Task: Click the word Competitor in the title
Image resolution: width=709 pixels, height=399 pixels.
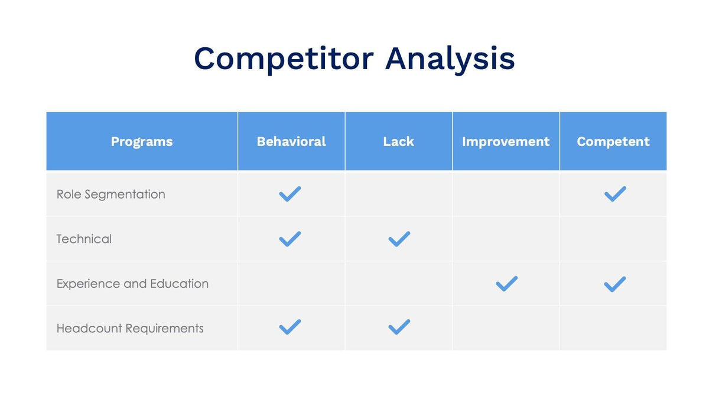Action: [283, 59]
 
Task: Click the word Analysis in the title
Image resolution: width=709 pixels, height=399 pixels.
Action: [450, 59]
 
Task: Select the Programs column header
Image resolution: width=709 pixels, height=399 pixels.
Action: [142, 142]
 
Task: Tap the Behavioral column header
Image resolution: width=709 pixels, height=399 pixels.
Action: [291, 142]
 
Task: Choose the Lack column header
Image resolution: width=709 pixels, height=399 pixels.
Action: [398, 142]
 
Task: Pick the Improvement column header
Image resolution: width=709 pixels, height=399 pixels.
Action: [506, 142]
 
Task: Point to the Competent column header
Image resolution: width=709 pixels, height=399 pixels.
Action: [613, 142]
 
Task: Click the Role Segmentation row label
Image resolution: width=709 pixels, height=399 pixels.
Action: [110, 194]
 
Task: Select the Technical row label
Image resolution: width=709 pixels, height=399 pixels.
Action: [84, 239]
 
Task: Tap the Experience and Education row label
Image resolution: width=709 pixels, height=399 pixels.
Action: [132, 284]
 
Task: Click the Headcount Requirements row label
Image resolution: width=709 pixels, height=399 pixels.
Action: [130, 329]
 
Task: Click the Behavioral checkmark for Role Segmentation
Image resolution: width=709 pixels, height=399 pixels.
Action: [290, 194]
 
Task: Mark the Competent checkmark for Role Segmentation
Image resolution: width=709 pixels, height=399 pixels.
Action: [615, 194]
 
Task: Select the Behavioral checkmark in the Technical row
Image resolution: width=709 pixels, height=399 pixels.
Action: [290, 239]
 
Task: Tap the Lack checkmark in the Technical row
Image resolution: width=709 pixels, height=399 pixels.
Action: [399, 239]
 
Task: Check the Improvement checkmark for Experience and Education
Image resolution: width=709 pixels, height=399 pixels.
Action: [506, 284]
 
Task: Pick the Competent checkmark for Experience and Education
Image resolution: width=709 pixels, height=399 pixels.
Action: [615, 284]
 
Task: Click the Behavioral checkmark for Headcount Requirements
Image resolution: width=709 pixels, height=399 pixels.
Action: [290, 327]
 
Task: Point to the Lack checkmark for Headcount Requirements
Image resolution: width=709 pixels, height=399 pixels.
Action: [399, 327]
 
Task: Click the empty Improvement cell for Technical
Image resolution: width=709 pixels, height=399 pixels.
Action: [506, 239]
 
